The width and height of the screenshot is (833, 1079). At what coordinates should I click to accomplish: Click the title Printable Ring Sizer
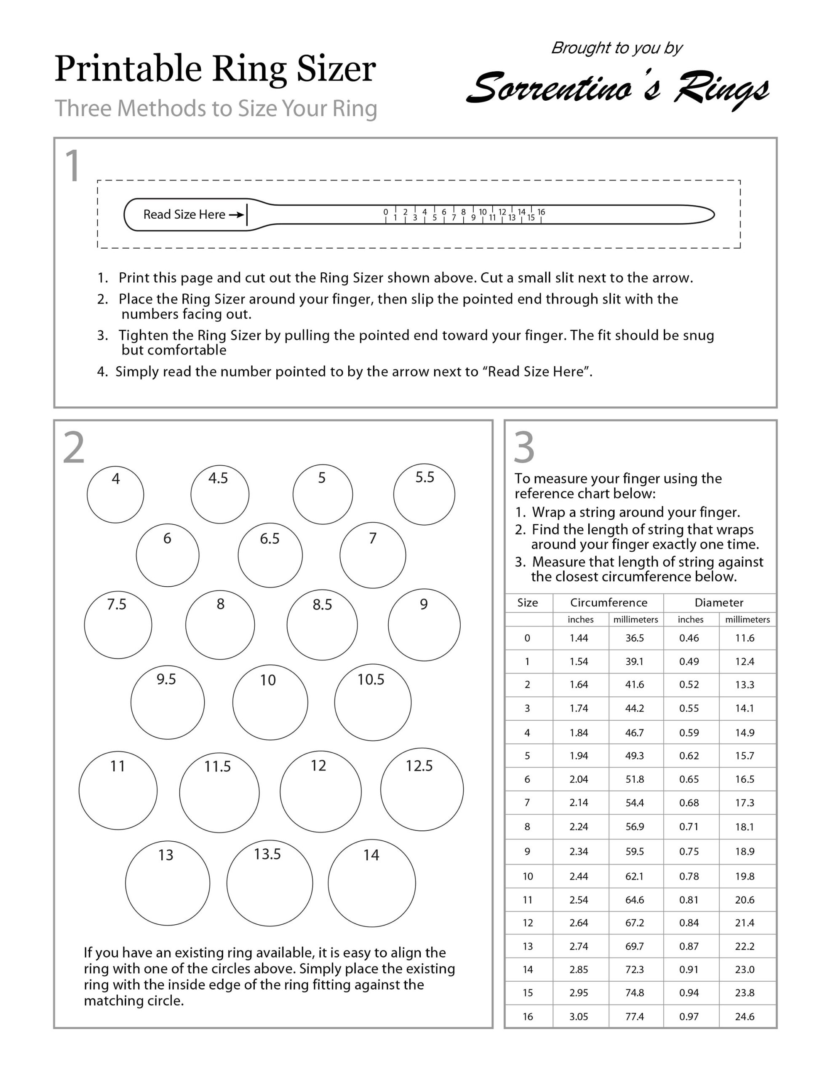tap(215, 69)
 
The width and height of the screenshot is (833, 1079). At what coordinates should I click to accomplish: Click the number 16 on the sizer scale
tap(541, 212)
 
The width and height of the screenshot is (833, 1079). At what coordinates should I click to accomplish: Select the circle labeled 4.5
tap(220, 494)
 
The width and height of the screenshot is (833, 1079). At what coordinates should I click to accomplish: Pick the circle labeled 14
tap(371, 883)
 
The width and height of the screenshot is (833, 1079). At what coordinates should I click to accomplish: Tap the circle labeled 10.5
tap(372, 702)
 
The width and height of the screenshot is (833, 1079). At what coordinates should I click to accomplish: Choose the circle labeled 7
tap(372, 555)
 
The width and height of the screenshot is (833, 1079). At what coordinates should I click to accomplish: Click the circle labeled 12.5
tap(421, 789)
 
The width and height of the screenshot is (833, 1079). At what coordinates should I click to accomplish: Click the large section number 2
tap(74, 448)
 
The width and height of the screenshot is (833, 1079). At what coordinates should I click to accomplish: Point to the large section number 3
tap(524, 448)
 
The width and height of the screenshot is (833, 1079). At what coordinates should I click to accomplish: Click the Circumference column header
tap(609, 602)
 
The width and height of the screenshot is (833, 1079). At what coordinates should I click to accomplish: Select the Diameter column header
tap(718, 602)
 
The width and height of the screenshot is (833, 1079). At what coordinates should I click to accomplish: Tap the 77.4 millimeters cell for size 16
tap(635, 1016)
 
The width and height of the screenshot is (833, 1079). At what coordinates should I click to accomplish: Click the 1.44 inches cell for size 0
tap(579, 638)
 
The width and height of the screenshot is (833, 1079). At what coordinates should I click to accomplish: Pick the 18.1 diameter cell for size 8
tap(744, 827)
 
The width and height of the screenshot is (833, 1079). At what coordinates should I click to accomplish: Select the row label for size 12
tap(528, 922)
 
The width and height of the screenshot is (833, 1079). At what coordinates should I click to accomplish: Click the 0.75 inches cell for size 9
tap(689, 851)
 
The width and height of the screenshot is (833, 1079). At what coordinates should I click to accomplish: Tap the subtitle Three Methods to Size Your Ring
tap(216, 108)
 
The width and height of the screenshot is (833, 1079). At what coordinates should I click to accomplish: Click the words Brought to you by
tap(617, 48)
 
